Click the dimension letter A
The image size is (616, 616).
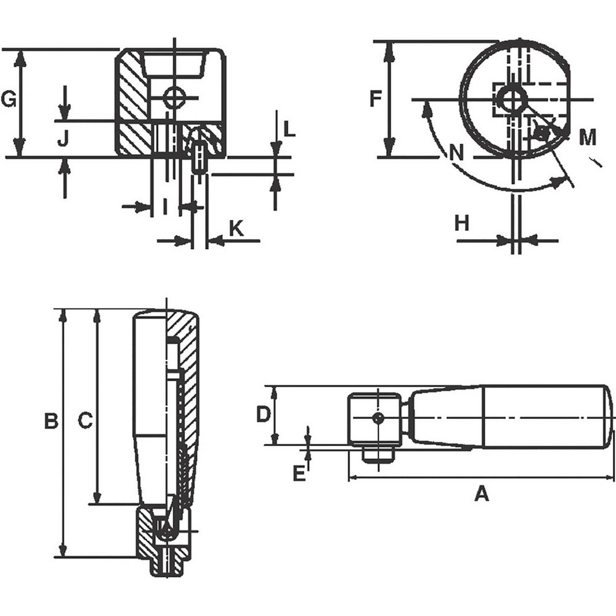coord(481,493)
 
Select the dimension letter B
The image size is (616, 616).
coord(51,421)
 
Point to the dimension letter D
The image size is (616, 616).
coord(263,415)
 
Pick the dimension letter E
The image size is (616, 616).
coord(299,474)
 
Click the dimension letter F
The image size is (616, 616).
coord(376,99)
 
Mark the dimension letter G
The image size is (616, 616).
coord(8,99)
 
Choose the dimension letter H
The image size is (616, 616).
coord(462,223)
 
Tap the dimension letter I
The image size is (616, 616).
coord(164,207)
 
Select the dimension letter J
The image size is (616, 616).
coord(63,141)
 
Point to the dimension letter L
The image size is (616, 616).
coord(290,129)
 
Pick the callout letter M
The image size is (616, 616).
coord(588,137)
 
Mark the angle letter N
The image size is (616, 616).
coord(456,152)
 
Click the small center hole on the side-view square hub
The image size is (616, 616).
coord(379,418)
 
